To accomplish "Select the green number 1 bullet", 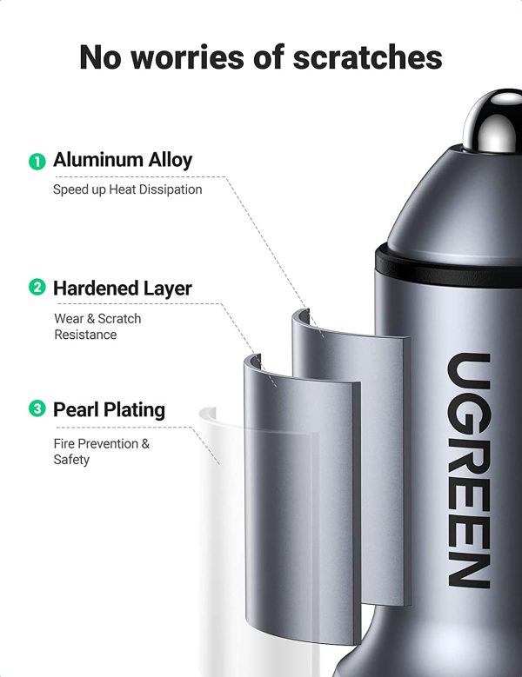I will tap(37, 161).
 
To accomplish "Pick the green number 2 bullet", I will tap(37, 288).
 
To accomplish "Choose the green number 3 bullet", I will tap(37, 409).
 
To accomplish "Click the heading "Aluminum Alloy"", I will tap(123, 160).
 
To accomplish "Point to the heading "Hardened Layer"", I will tap(123, 288).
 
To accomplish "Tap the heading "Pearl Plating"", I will tap(109, 409).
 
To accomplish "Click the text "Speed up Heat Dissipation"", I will tap(127, 189).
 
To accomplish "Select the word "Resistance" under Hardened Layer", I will tap(85, 335).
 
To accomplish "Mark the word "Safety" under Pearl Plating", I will tap(71, 459).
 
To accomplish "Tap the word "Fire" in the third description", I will tap(66, 443).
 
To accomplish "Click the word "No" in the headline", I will tap(99, 57).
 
